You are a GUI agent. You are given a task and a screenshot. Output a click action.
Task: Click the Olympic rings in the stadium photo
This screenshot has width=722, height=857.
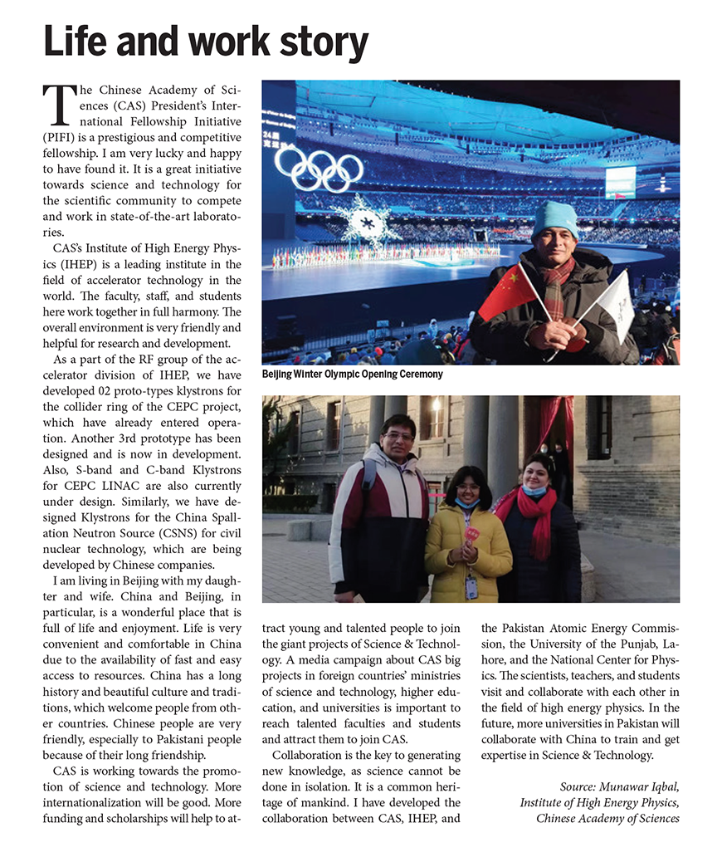click(319, 167)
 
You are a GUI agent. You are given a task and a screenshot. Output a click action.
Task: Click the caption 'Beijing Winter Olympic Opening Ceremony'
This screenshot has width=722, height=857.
click(352, 375)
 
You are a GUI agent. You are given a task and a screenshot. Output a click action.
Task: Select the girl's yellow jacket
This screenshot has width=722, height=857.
click(467, 561)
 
